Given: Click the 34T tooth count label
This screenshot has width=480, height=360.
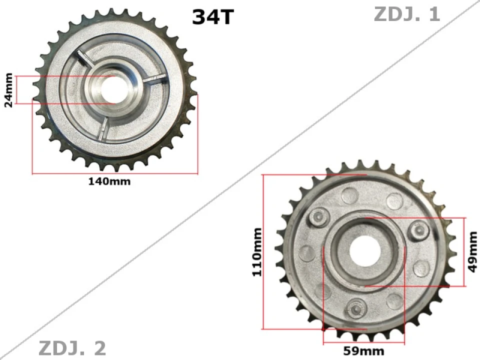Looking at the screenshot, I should pyautogui.click(x=212, y=17).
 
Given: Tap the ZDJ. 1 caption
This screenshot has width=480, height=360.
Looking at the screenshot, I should pyautogui.click(x=406, y=14).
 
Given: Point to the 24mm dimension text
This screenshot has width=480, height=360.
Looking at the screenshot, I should pyautogui.click(x=8, y=90).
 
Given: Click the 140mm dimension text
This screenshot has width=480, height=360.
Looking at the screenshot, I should pyautogui.click(x=109, y=181).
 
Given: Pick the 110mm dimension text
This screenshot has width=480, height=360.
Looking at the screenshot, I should pyautogui.click(x=257, y=252).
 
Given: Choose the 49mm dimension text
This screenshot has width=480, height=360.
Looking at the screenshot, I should pyautogui.click(x=472, y=252).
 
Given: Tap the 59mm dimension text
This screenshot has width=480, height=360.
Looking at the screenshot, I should pyautogui.click(x=363, y=350).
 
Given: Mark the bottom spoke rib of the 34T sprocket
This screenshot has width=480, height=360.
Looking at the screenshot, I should pyautogui.click(x=104, y=128).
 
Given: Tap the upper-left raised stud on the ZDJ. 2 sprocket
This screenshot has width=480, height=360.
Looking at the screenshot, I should pyautogui.click(x=318, y=216).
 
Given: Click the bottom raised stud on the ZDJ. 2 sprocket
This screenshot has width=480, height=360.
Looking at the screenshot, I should pyautogui.click(x=356, y=308).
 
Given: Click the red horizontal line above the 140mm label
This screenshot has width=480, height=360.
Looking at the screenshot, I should pyautogui.click(x=115, y=174).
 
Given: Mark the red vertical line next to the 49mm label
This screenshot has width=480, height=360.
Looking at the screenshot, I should pyautogui.click(x=465, y=252).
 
